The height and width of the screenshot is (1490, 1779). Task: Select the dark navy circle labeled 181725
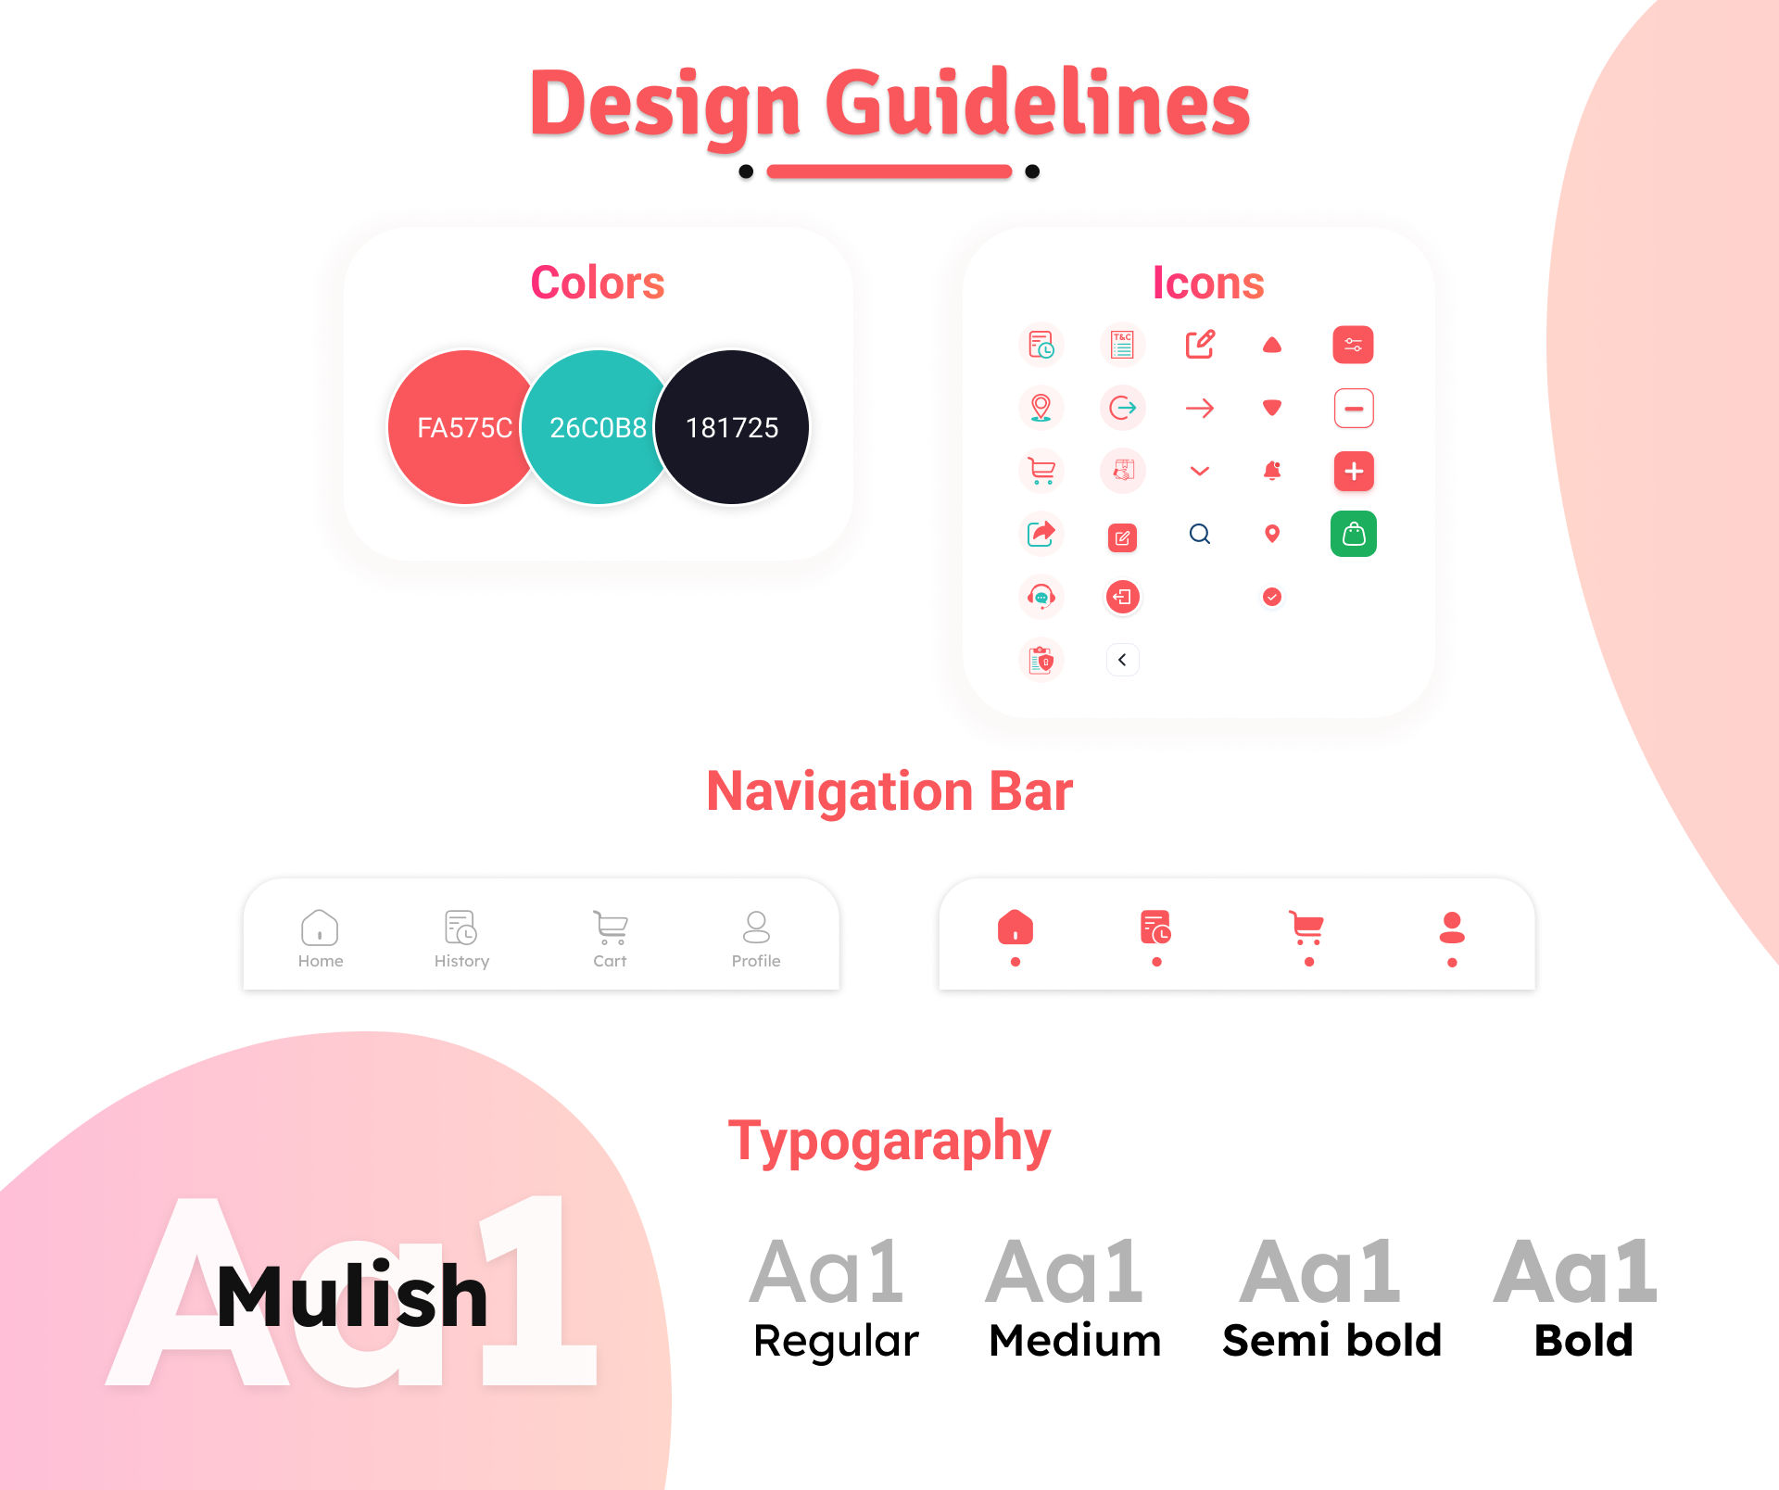pyautogui.click(x=733, y=427)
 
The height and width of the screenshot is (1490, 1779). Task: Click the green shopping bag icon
pyautogui.click(x=1353, y=534)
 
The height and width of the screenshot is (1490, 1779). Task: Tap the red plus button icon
pyautogui.click(x=1353, y=471)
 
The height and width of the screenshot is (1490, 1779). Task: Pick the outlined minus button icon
pyautogui.click(x=1353, y=408)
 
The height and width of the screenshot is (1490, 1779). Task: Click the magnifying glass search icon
pyautogui.click(x=1199, y=534)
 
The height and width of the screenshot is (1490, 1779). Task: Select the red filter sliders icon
pyautogui.click(x=1353, y=345)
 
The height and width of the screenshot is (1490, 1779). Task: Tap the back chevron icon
pyautogui.click(x=1122, y=660)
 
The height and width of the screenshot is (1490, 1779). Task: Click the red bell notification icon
pyautogui.click(x=1272, y=471)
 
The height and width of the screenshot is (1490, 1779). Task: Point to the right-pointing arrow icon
pyautogui.click(x=1199, y=408)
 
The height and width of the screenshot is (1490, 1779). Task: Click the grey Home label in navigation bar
pyautogui.click(x=321, y=961)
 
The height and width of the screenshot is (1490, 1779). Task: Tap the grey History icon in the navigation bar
pyautogui.click(x=461, y=927)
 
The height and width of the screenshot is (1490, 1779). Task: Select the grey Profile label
pyautogui.click(x=756, y=961)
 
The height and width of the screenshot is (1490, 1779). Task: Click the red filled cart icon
pyautogui.click(x=1306, y=927)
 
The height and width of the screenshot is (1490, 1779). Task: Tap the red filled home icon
pyautogui.click(x=1016, y=927)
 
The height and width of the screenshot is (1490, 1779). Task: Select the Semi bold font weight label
pyautogui.click(x=1331, y=1340)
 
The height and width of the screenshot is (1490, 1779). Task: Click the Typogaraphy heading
pyautogui.click(x=889, y=1142)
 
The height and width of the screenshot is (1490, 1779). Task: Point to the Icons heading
pyautogui.click(x=1208, y=283)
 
